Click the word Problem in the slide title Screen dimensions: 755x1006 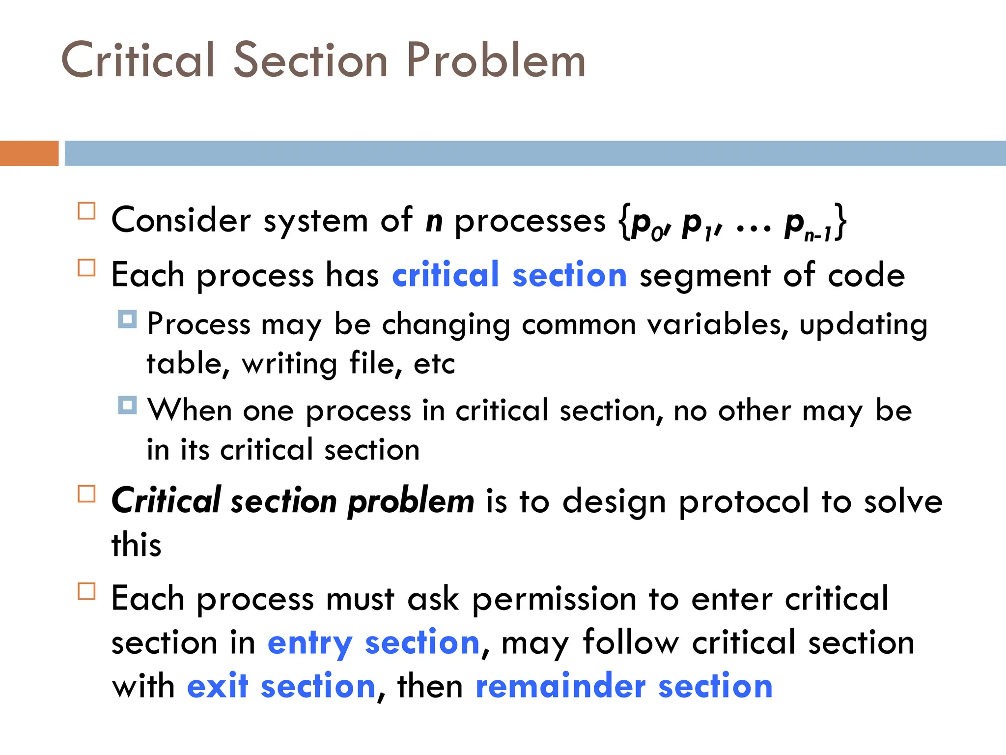[x=496, y=61]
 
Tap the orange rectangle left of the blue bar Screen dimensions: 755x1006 [x=29, y=153]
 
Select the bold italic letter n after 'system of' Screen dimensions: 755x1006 [x=434, y=221]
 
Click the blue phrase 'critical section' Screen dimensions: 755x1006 [x=509, y=275]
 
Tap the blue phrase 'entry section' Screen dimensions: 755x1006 [x=373, y=643]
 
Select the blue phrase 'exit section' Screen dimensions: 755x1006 [x=281, y=686]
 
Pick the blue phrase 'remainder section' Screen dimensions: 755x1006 [x=624, y=686]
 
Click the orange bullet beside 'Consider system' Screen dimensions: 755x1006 [x=86, y=211]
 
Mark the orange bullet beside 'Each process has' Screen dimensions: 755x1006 [x=86, y=268]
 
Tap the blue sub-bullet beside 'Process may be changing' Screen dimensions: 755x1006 [x=127, y=319]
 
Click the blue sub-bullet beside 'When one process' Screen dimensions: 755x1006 [x=127, y=406]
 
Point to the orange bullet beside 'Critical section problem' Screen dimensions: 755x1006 [x=86, y=494]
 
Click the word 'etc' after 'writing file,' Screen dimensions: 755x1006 [x=434, y=364]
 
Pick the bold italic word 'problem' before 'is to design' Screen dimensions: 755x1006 [x=411, y=502]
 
